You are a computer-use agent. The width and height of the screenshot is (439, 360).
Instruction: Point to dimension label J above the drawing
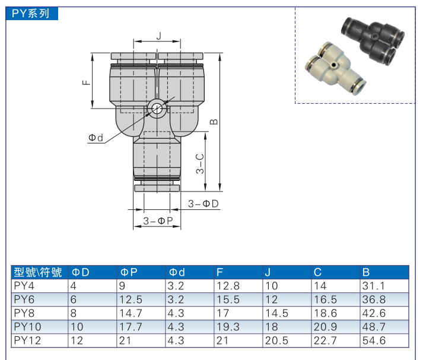point(158,36)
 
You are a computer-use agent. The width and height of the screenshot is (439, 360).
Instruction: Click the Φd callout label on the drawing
point(96,138)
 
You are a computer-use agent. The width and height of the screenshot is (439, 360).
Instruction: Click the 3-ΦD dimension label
point(203,203)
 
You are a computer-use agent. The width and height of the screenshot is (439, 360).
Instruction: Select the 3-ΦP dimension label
point(157,221)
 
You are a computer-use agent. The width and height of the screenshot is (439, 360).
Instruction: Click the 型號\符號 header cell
point(38,272)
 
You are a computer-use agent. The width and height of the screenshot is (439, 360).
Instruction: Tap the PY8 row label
point(24,313)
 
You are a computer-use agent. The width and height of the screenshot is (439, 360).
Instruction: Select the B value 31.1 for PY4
point(373,285)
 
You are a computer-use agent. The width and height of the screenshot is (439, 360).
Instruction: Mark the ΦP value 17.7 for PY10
point(131,327)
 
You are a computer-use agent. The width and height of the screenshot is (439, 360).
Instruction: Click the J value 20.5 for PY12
point(275,340)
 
